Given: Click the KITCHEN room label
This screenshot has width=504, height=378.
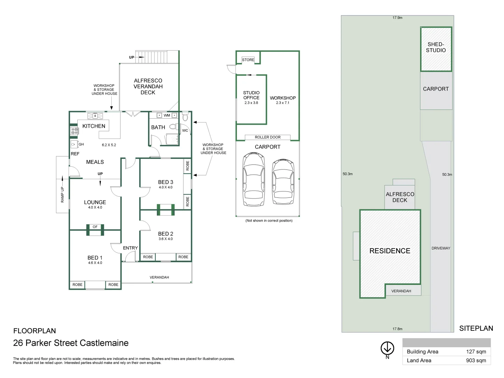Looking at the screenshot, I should (93, 126).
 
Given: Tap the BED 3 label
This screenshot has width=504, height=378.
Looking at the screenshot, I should (166, 182).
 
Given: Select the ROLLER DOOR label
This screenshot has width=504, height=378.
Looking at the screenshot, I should (267, 137).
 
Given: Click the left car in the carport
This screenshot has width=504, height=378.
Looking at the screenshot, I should (253, 180).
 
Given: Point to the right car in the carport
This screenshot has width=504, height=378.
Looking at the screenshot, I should (283, 182).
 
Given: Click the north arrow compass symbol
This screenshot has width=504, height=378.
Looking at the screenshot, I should (387, 348).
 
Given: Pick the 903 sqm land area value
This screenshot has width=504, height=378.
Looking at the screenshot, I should (476, 360).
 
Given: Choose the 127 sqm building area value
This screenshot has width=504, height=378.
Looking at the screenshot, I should (476, 352).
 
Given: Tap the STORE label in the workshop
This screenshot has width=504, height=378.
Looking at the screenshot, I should (248, 60).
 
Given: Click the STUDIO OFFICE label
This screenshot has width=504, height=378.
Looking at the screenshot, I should (251, 95).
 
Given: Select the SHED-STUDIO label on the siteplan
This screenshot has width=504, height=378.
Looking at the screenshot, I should (436, 47).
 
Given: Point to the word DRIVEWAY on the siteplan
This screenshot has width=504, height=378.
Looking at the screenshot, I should (441, 248).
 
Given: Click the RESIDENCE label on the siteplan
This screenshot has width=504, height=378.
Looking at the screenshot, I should (390, 251).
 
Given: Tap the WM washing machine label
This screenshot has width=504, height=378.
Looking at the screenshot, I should (167, 115).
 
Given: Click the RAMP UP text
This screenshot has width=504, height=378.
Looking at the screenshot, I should (62, 195).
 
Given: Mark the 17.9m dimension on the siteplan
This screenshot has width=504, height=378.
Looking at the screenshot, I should (397, 17).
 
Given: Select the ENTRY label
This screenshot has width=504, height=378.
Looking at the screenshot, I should (130, 248).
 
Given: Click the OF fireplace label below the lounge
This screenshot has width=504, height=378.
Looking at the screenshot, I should (95, 227).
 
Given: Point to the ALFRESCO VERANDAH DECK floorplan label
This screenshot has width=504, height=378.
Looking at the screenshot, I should (148, 86).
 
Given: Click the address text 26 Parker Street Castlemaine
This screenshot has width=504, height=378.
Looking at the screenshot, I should (71, 343).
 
